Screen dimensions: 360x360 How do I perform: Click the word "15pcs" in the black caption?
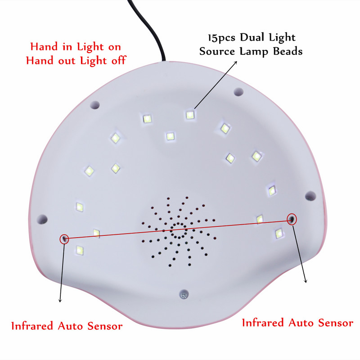[x=222, y=38]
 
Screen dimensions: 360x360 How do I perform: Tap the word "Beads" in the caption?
[x=288, y=51]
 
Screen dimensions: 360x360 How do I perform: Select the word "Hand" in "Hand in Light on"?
[x=44, y=47]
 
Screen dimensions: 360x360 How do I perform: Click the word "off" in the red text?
[x=119, y=60]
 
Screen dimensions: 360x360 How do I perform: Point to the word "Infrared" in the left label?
[x=32, y=325]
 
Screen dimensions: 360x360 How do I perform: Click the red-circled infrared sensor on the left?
[x=64, y=239]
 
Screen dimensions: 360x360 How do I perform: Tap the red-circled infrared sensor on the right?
[x=292, y=219]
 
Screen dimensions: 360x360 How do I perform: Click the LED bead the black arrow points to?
[x=190, y=115]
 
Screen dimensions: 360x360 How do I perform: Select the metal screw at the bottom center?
[x=184, y=294]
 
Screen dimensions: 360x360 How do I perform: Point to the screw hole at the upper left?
[x=94, y=105]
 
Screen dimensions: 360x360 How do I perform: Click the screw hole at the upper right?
[x=238, y=92]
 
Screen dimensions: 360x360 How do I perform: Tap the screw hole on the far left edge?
[x=42, y=219]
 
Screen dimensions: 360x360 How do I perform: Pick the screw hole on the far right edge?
[x=310, y=196]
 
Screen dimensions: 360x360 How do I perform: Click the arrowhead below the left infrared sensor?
[x=60, y=300]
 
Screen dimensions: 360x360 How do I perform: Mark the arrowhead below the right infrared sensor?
[x=306, y=280]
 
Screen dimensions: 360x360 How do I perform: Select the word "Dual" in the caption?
[x=252, y=37]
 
